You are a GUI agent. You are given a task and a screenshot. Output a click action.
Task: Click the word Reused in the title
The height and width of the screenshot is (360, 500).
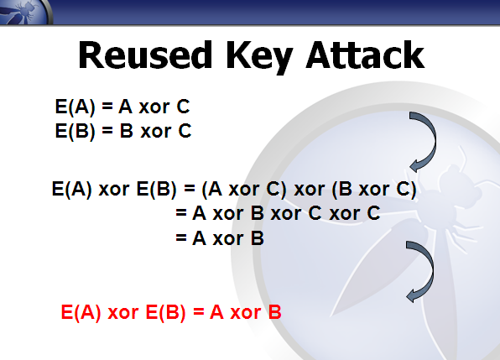pyautogui.click(x=145, y=55)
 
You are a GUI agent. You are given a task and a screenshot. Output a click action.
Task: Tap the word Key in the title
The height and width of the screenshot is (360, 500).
pyautogui.click(x=259, y=57)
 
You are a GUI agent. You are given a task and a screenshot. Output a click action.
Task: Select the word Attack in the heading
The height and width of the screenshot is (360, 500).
pyautogui.click(x=365, y=55)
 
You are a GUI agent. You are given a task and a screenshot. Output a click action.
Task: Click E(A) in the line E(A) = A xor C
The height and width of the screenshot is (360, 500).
pyautogui.click(x=76, y=107)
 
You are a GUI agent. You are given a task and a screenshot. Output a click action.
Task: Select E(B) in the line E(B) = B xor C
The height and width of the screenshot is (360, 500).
pyautogui.click(x=76, y=131)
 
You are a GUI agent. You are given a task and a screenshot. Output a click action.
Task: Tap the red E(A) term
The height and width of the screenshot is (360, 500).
pyautogui.click(x=81, y=312)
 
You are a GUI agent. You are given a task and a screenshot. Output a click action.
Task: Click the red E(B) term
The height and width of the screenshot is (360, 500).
pyautogui.click(x=165, y=312)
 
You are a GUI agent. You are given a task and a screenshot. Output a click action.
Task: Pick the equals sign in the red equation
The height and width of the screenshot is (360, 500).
pyautogui.click(x=198, y=311)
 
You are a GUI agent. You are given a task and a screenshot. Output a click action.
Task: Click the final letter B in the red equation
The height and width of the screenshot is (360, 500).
pyautogui.click(x=275, y=312)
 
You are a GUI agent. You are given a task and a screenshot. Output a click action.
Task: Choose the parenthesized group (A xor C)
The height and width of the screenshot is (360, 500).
pyautogui.click(x=244, y=189)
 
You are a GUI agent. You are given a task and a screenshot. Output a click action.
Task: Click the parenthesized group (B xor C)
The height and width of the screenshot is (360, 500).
pyautogui.click(x=374, y=189)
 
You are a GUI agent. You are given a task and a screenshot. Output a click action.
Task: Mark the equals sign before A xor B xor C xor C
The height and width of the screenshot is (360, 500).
pyautogui.click(x=181, y=212)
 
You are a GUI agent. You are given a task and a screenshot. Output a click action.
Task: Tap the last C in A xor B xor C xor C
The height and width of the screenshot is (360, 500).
pyautogui.click(x=373, y=213)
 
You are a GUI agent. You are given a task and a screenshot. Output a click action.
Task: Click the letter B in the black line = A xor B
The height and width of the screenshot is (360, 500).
pyautogui.click(x=258, y=238)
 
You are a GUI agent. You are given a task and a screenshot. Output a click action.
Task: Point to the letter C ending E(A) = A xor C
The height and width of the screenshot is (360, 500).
pyautogui.click(x=184, y=107)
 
